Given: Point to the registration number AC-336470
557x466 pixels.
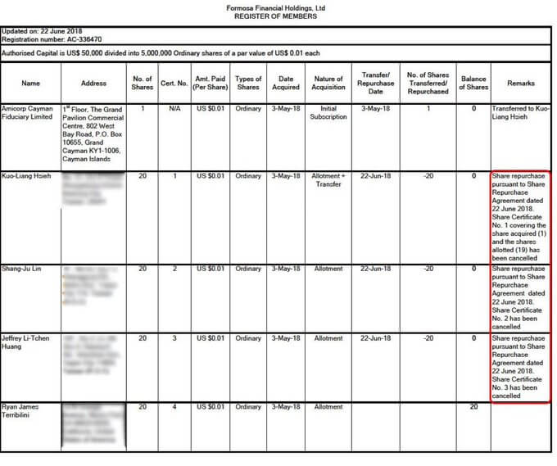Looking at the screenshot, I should coord(52,38).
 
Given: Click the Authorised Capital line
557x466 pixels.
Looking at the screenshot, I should coord(161,52).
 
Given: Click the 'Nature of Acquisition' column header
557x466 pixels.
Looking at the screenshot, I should coord(328,84).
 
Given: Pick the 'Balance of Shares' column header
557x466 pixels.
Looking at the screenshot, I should coord(473,84).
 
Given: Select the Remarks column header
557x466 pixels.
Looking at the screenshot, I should coord(520,84).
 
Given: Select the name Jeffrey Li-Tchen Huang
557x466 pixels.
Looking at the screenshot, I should coord(28,342).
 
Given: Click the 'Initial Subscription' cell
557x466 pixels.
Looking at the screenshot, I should coord(328,113).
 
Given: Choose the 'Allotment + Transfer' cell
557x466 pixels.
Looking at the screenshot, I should coord(328,180).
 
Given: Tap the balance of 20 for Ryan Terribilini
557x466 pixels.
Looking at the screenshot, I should coord(473,407).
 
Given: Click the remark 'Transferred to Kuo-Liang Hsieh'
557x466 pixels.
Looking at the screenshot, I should coord(520,113).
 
